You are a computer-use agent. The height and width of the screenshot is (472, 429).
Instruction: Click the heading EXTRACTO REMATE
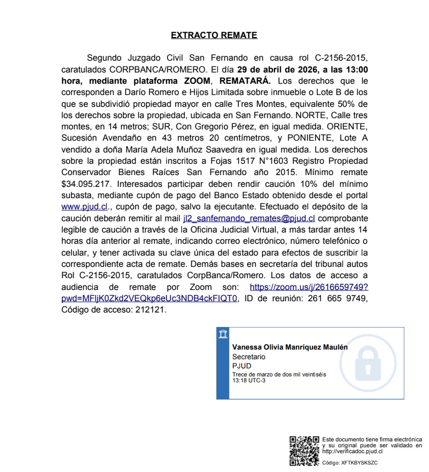pyautogui.click(x=214, y=35)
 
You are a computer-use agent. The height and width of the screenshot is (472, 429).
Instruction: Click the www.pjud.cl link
pyautogui.click(x=85, y=206)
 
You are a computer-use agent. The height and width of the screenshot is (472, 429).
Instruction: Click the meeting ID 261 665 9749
pyautogui.click(x=338, y=299)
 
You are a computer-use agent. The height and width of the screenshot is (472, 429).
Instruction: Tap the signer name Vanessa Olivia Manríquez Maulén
pyautogui.click(x=289, y=347)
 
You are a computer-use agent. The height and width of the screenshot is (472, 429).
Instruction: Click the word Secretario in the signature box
pyautogui.click(x=249, y=357)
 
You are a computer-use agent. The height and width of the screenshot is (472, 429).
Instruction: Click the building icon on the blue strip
pyautogui.click(x=223, y=334)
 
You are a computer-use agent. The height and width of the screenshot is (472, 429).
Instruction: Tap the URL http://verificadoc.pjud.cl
pyautogui.click(x=352, y=451)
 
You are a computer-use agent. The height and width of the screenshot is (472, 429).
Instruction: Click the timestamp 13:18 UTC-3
pyautogui.click(x=249, y=380)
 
